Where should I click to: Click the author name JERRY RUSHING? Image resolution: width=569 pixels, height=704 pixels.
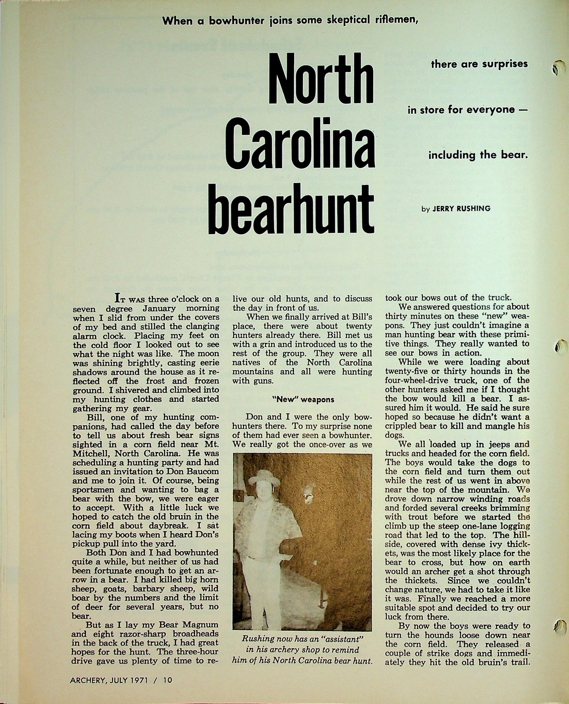(x=461, y=209)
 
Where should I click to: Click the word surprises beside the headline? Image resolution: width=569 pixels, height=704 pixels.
(x=503, y=64)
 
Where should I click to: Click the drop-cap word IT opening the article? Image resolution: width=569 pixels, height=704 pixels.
(x=120, y=299)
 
